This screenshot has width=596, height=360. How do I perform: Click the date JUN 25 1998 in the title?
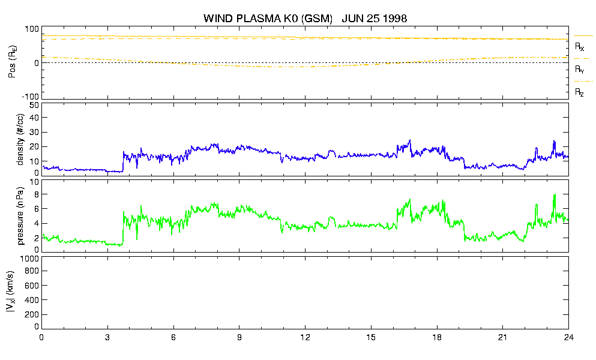pos(375,18)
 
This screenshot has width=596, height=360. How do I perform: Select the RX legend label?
pos(579,47)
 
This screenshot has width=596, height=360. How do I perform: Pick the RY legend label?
pos(579,70)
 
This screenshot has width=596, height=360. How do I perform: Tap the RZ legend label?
pos(579,92)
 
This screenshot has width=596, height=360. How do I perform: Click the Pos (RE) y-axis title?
pos(13,62)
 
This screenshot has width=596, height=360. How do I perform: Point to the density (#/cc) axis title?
pos(20,139)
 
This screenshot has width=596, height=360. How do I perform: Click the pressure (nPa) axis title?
pos(20,216)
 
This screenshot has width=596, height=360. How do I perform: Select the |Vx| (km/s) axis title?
pos(11,292)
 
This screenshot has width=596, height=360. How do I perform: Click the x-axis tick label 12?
pos(306,337)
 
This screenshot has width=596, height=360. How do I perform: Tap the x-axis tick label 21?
pos(503,337)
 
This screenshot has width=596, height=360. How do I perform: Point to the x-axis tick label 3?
pos(107,337)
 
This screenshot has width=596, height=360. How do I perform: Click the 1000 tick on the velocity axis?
pos(29,259)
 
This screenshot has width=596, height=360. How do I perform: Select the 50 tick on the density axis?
pos(34,106)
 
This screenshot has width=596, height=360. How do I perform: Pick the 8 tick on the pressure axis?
pos(37,194)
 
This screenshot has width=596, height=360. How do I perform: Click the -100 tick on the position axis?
pos(31,97)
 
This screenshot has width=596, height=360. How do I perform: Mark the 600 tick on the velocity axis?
pos(32,286)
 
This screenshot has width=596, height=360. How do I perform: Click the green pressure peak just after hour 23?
pos(555,194)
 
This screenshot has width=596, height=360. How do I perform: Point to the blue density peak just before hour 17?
pos(410,140)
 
